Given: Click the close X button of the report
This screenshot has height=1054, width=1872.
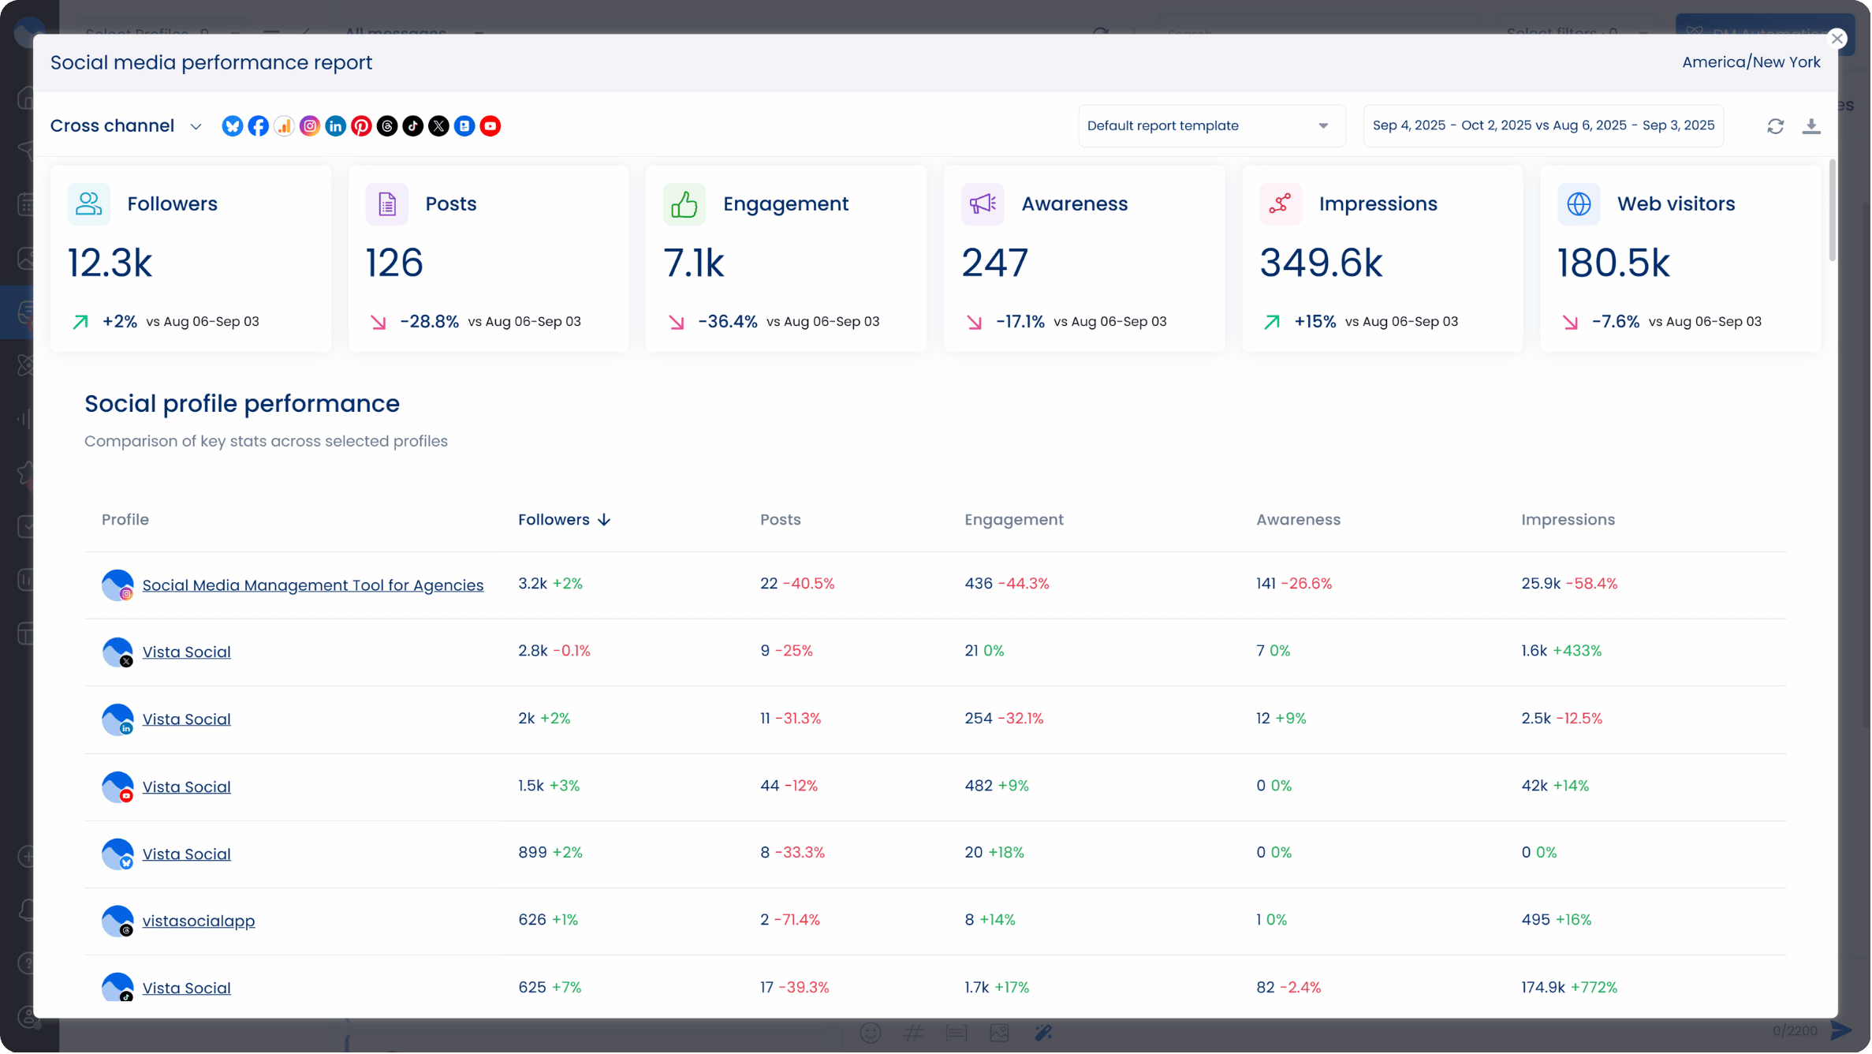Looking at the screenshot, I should pos(1837,39).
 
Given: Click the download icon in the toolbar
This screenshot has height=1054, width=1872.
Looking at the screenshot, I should pos(1811,126).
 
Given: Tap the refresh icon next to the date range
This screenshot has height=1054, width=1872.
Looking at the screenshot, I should pos(1775,126).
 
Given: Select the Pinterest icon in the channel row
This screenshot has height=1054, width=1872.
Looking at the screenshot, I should pos(361,126).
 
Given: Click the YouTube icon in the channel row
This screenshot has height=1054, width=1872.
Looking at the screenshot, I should pos(490,126).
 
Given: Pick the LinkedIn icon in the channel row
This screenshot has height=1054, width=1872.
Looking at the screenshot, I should pos(335,126).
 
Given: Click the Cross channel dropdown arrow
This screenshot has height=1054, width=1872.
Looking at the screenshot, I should pos(196,127).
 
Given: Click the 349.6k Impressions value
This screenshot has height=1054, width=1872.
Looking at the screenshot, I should pos(1320,263).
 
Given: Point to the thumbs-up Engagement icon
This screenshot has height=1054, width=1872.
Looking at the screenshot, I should pos(684,204).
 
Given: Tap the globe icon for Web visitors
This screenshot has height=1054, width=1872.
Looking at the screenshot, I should pos(1578,204).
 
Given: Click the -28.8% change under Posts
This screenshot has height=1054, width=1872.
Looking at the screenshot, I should pos(429,322).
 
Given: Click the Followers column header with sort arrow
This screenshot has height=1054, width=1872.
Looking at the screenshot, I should pos(564,520).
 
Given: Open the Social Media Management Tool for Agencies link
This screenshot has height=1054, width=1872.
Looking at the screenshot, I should pos(312,585).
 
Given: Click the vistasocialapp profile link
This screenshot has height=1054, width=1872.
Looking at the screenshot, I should pos(198,921).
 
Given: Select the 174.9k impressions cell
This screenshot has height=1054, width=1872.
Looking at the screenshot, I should pos(1542,987).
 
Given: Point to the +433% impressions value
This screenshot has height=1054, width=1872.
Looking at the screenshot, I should pos(1577,651).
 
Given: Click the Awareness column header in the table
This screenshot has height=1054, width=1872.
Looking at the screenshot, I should pos(1298,520).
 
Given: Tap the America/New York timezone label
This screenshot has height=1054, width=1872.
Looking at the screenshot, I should pos(1751,62).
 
